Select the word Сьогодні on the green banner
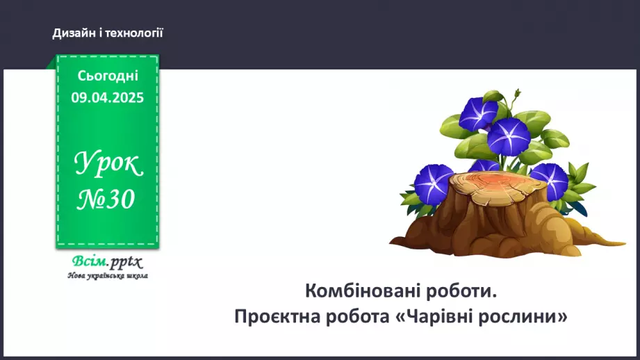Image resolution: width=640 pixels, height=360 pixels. click(x=108, y=76)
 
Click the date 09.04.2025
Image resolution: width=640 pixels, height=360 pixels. click(x=108, y=98)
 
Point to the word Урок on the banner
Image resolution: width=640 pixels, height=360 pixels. click(x=108, y=165)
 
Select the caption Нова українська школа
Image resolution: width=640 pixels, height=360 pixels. click(x=108, y=276)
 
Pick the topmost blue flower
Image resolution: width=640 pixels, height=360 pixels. click(x=478, y=113)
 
